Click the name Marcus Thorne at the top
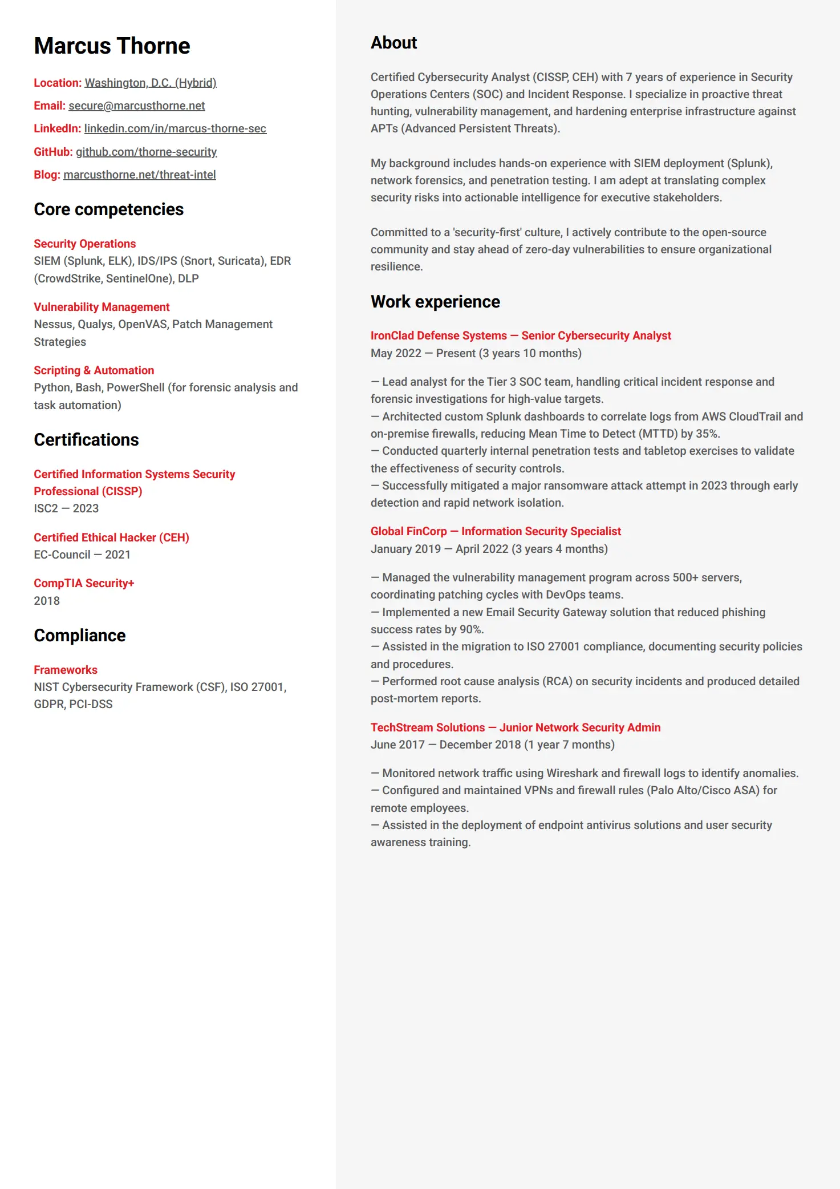pyautogui.click(x=112, y=46)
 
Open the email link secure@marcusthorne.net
pyautogui.click(x=136, y=106)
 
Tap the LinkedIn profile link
pyautogui.click(x=175, y=128)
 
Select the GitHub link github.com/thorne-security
pyautogui.click(x=146, y=152)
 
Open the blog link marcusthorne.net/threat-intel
pyautogui.click(x=139, y=175)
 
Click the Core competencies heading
pyautogui.click(x=108, y=209)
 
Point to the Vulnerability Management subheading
pyautogui.click(x=102, y=307)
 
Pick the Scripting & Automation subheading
pyautogui.click(x=94, y=370)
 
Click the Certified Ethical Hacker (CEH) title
pyautogui.click(x=111, y=537)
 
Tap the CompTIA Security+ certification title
pyautogui.click(x=84, y=583)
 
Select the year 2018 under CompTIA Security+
pyautogui.click(x=47, y=601)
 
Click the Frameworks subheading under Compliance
pyautogui.click(x=66, y=670)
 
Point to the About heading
pyautogui.click(x=393, y=43)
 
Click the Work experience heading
pyautogui.click(x=435, y=302)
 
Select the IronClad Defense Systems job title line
pyautogui.click(x=521, y=335)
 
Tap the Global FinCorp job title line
pyautogui.click(x=496, y=531)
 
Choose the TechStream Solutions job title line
pyautogui.click(x=516, y=727)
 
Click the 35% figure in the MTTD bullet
pyautogui.click(x=707, y=434)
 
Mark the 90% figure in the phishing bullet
pyautogui.click(x=471, y=629)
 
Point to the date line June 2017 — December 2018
pyautogui.click(x=492, y=745)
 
